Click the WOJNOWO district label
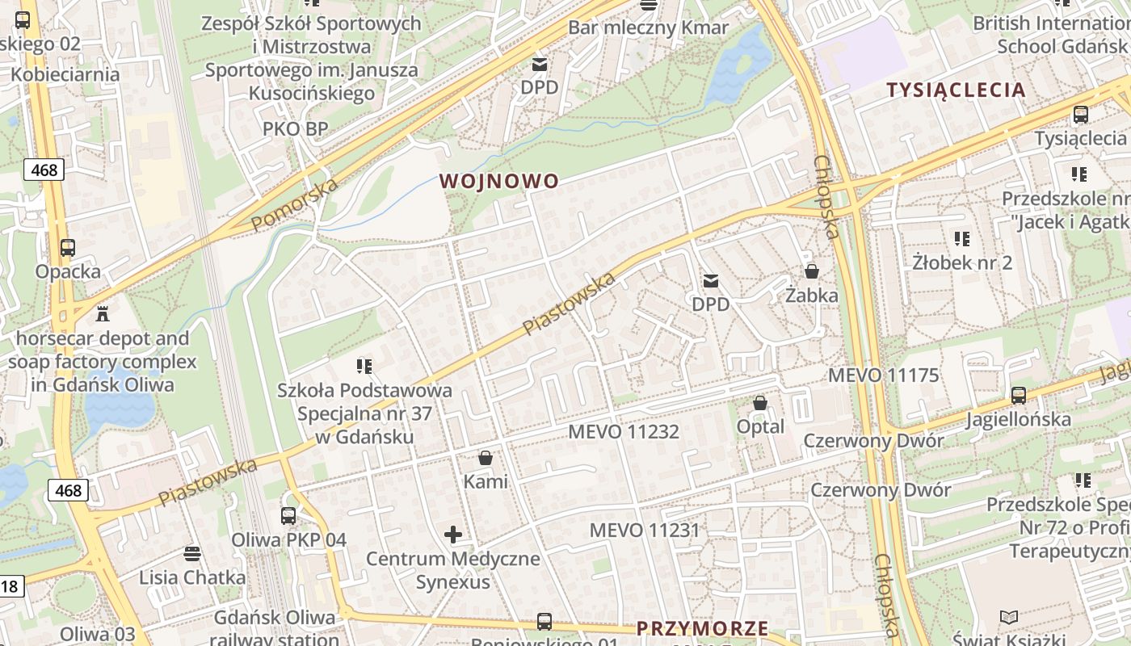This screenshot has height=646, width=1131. tap(499, 181)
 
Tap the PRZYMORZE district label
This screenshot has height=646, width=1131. tap(702, 628)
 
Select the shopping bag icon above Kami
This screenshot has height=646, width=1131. tap(486, 459)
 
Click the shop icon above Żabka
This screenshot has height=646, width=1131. tap(812, 271)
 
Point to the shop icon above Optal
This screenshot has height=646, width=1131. tap(760, 402)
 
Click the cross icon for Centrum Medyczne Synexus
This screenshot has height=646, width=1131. tap(453, 534)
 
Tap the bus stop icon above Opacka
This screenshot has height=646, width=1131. tap(68, 248)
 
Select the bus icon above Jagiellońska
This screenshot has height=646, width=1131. tap(1019, 396)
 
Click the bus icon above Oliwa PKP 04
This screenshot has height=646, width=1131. tap(288, 515)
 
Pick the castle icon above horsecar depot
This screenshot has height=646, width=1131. tap(102, 313)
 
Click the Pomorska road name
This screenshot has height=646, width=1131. tap(294, 205)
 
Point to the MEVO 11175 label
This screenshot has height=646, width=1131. tap(884, 375)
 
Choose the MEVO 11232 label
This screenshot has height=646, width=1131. tap(624, 432)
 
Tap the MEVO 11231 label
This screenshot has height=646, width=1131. tap(644, 531)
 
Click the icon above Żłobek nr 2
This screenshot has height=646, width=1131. tap(961, 239)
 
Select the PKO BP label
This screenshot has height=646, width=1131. tap(295, 129)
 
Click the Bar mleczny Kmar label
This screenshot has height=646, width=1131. tap(648, 27)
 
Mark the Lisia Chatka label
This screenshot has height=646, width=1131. tap(192, 577)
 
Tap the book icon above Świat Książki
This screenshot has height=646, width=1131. tap(1009, 618)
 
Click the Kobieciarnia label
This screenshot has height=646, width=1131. tap(65, 74)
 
